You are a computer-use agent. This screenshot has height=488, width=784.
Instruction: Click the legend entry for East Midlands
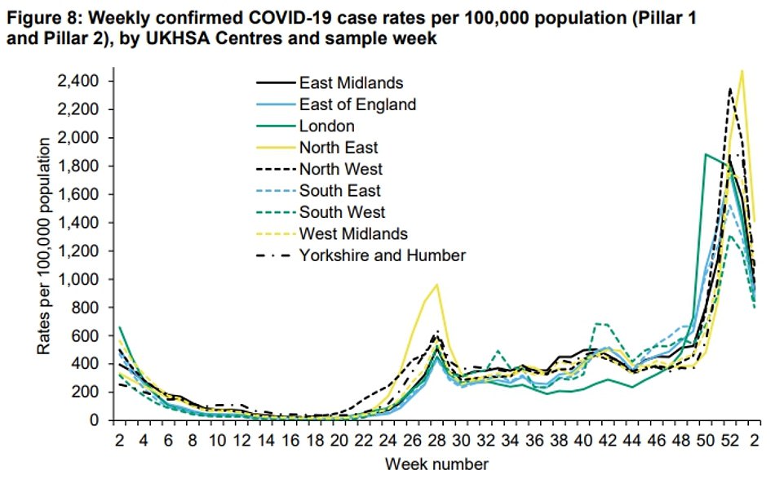(351, 82)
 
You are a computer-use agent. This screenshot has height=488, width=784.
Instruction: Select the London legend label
(326, 126)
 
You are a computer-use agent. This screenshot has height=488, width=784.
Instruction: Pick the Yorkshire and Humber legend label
(382, 255)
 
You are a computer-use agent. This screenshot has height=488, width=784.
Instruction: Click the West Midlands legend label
(353, 234)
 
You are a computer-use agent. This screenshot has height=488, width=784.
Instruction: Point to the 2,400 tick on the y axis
(78, 81)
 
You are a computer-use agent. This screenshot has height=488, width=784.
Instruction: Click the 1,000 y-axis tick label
(78, 279)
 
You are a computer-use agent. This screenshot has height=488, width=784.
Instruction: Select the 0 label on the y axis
(95, 420)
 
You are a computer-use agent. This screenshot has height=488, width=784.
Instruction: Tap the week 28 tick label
(438, 441)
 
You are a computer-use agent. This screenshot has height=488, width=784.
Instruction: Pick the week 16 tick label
(291, 441)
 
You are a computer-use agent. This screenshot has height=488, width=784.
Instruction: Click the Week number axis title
(438, 465)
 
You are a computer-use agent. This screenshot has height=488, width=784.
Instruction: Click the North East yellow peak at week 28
(438, 285)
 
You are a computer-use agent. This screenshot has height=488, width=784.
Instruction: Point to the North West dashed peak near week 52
(729, 89)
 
